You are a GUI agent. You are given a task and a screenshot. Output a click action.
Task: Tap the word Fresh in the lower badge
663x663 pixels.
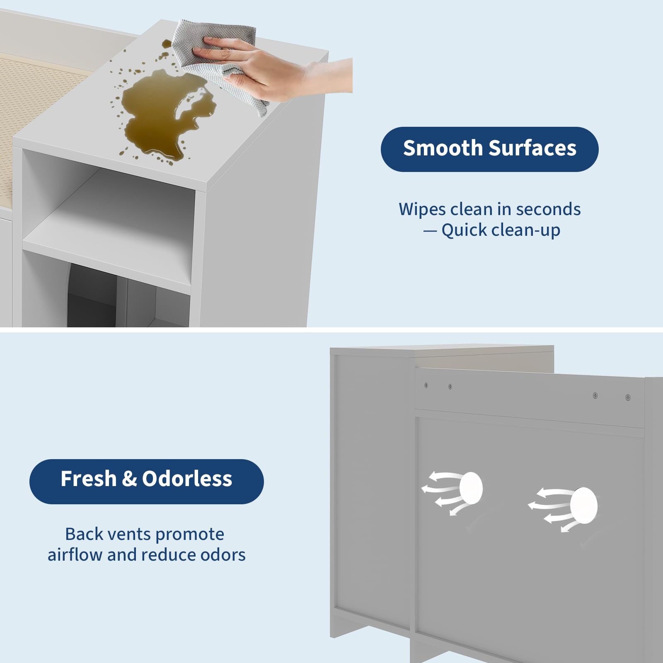88,479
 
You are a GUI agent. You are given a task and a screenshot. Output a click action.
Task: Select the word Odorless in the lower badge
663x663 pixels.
187,479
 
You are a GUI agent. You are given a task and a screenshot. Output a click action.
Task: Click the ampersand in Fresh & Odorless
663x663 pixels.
129,479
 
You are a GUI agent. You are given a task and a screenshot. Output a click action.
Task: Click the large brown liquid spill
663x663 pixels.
166,116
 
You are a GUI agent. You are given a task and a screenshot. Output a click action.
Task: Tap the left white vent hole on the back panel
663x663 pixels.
471,488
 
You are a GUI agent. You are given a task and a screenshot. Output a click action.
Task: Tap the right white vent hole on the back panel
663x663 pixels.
584,506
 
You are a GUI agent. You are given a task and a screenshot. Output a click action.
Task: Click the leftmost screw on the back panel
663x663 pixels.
426,385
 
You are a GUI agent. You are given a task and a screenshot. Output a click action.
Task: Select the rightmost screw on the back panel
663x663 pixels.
628,397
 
